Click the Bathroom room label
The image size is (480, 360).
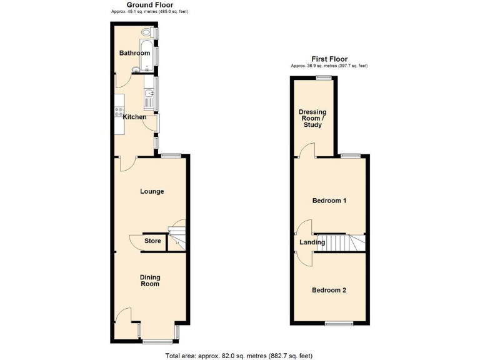(134, 53)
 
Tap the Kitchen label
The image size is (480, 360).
(134, 117)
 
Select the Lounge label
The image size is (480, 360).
(152, 191)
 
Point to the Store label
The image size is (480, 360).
(152, 241)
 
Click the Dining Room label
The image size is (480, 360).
(149, 279)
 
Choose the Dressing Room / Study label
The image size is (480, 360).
(312, 119)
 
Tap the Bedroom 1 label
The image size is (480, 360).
(329, 201)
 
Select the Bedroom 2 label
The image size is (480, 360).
(329, 290)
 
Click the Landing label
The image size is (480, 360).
(312, 242)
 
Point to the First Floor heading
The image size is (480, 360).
(329, 59)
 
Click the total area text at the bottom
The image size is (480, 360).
(238, 355)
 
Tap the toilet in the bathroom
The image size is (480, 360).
(147, 33)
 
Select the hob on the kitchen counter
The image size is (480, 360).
(118, 112)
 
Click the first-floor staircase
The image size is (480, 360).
(340, 243)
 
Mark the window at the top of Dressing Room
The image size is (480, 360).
(323, 77)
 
